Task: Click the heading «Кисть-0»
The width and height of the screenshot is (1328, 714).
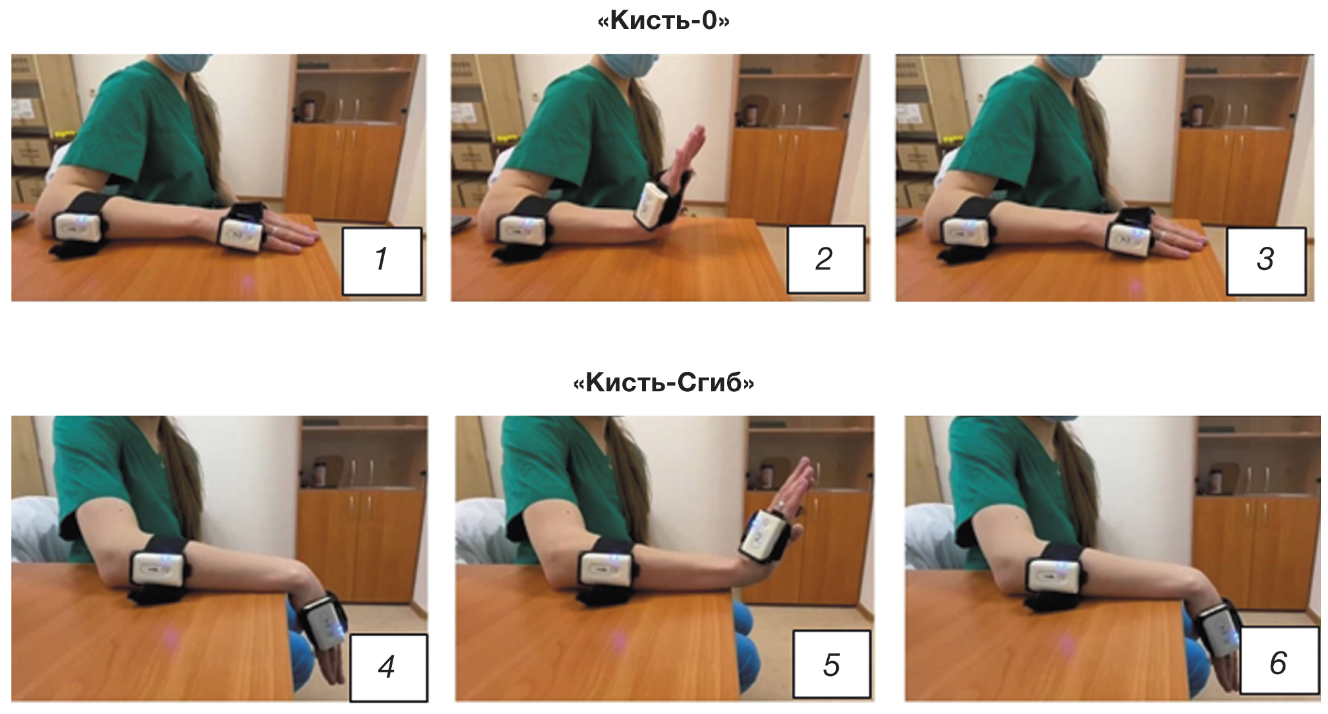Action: (663, 21)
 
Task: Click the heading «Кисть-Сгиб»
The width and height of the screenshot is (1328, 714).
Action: (663, 383)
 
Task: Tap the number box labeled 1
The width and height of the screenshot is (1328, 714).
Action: (382, 260)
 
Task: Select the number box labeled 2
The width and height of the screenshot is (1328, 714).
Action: (825, 259)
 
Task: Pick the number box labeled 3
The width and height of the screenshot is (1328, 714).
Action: (1266, 260)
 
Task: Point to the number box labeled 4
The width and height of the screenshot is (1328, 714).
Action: (388, 667)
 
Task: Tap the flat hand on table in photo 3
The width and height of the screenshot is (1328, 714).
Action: (1177, 238)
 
